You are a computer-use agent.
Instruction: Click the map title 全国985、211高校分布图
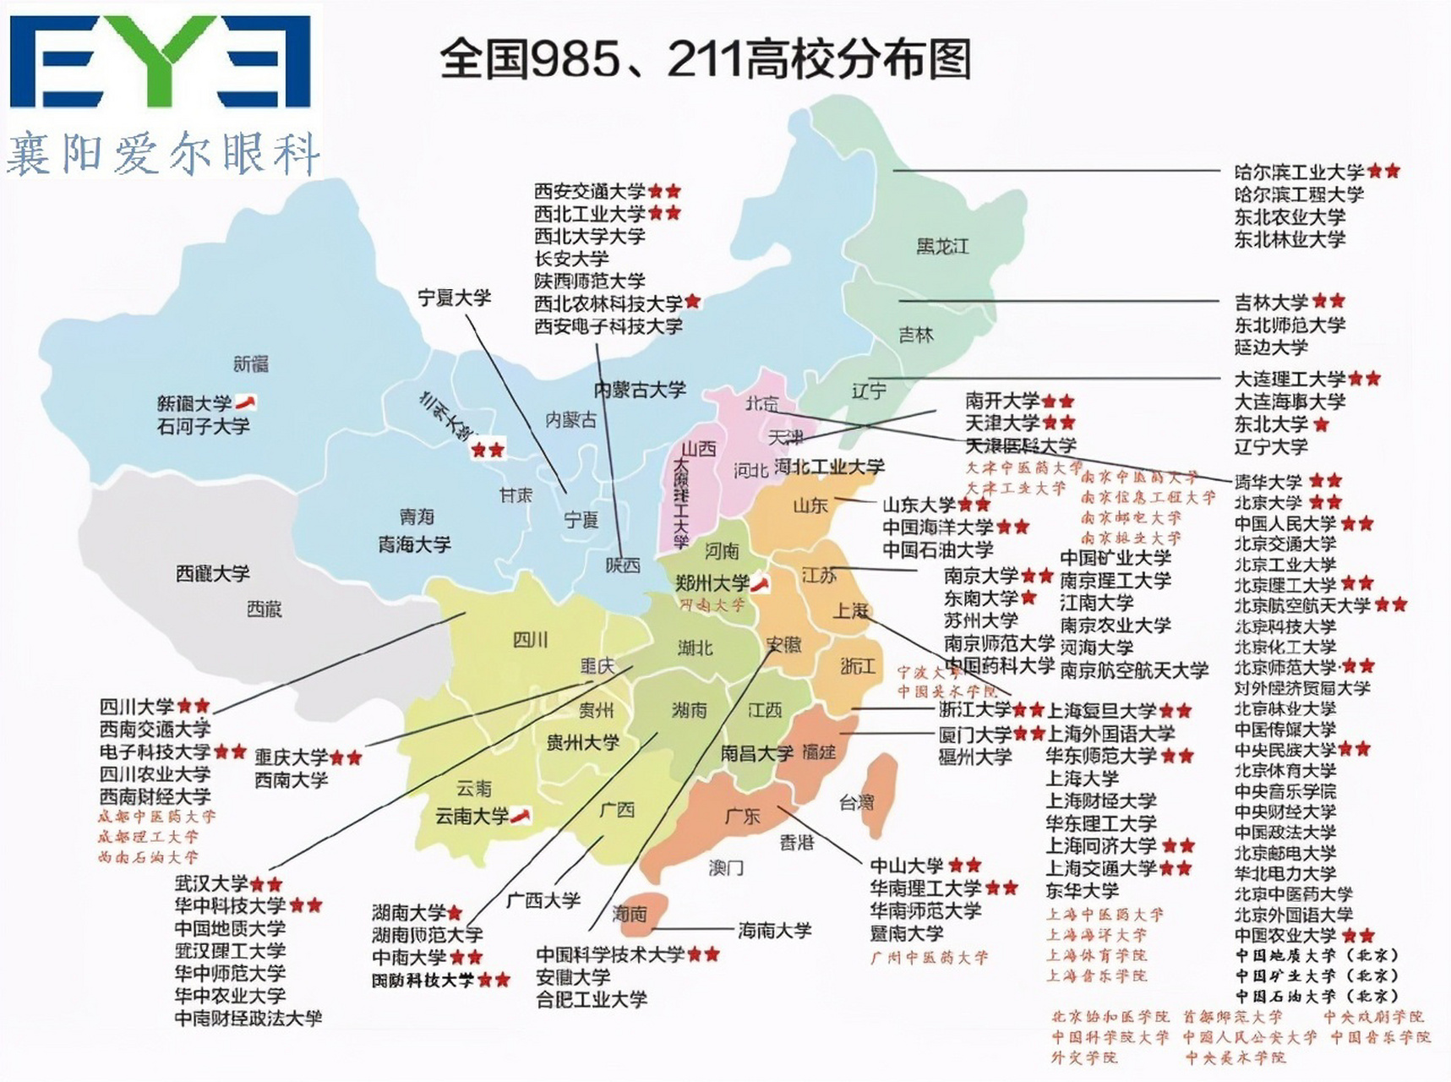(705, 60)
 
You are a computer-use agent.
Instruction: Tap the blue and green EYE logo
(161, 61)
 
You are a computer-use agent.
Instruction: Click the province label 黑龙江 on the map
(942, 247)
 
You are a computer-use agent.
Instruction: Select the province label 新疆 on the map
(251, 364)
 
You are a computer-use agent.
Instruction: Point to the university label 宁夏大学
(454, 298)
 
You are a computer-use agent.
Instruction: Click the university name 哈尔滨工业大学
(1299, 172)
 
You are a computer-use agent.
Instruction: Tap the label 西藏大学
(212, 574)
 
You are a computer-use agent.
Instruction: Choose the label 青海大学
(414, 544)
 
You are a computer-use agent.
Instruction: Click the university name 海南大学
(774, 931)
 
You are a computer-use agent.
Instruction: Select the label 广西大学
(543, 900)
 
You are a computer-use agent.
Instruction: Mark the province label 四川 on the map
(530, 640)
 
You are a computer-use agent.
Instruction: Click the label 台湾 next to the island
(856, 802)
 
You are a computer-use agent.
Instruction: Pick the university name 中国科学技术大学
(610, 954)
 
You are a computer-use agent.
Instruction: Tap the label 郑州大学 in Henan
(712, 583)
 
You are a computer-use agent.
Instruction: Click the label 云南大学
(472, 817)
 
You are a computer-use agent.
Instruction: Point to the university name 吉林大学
(1271, 302)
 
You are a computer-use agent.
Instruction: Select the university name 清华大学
(1268, 482)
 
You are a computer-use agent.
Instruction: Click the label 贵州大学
(582, 743)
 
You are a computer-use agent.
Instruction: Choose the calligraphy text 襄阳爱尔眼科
(163, 154)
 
